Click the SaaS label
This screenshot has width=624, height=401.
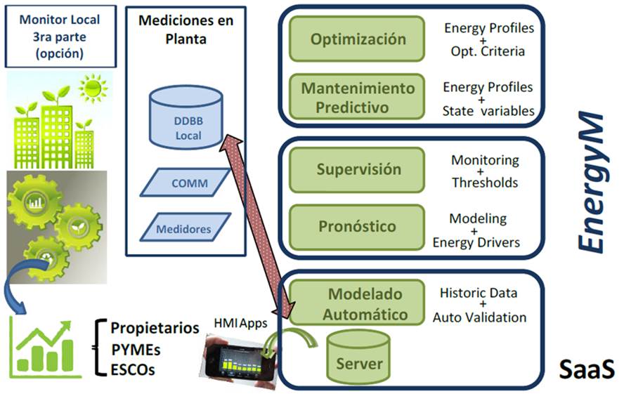click(586, 368)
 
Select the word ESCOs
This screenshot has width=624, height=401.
click(134, 369)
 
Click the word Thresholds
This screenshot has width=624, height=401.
click(485, 183)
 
